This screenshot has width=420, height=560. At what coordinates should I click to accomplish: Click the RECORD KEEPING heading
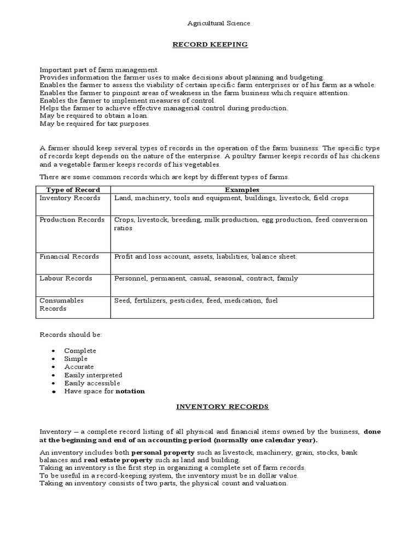(x=211, y=44)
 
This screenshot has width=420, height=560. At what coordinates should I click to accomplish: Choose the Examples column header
(x=241, y=189)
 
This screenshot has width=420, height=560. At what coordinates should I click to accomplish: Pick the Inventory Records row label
(x=69, y=197)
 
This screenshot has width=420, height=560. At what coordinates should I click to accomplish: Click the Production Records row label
(x=72, y=220)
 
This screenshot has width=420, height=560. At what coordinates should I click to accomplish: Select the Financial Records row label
(x=69, y=256)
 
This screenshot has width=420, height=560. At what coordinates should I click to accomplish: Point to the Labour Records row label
(x=66, y=278)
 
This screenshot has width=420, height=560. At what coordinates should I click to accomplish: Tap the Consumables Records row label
(x=61, y=304)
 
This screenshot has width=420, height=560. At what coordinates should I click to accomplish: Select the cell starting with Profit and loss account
(x=206, y=256)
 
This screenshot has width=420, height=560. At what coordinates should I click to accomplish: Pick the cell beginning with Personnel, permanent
(x=206, y=278)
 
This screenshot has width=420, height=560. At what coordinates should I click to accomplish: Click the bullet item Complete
(x=80, y=351)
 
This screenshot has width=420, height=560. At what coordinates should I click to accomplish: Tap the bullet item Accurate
(x=79, y=367)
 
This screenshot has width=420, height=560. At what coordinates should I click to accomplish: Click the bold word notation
(x=130, y=392)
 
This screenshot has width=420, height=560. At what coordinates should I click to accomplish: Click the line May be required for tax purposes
(x=95, y=124)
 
